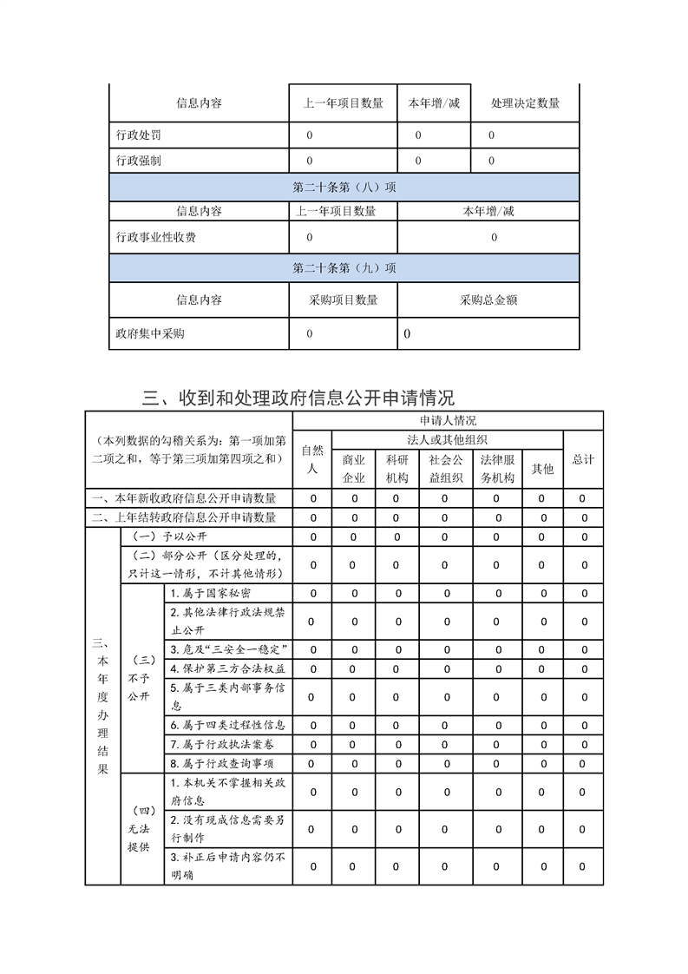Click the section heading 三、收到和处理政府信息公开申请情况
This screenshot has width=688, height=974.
pos(298,398)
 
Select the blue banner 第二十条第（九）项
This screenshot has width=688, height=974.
pos(344,268)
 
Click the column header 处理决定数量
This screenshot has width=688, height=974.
pos(524,103)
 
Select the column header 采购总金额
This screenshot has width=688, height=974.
pos(488,299)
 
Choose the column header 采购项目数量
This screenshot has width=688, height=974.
pos(343,299)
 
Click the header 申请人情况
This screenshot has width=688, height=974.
pos(447,420)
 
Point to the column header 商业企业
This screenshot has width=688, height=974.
pos(353,469)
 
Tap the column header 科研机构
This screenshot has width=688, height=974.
pos(396,469)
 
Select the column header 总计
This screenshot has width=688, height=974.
pos(583,459)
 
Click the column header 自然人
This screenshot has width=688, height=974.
pos(311,459)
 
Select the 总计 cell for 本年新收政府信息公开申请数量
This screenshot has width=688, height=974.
pos(583,498)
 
